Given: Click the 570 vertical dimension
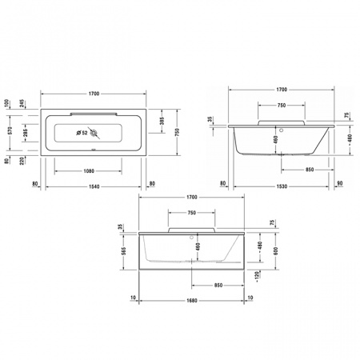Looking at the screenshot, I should [10, 131].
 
